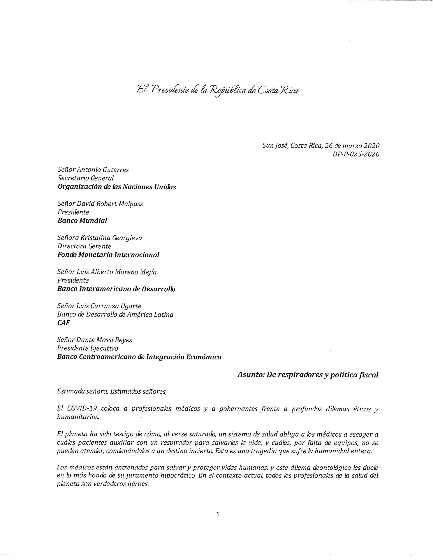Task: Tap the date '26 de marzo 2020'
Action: coord(352,146)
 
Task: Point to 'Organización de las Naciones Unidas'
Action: coord(117,187)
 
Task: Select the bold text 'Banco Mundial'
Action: coord(82,221)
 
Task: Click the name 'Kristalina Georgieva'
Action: coord(111,238)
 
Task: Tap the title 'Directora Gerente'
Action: coord(84,246)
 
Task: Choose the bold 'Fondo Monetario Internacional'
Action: coord(108,255)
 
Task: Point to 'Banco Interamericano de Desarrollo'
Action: coord(116,289)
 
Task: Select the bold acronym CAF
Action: coord(63,323)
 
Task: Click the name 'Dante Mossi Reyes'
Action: coord(104,340)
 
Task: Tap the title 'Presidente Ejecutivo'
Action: coord(88,348)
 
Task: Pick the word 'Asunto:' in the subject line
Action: coord(251,375)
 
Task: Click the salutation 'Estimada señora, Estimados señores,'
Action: coord(112,392)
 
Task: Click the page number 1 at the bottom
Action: coord(218,514)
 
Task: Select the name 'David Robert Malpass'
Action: coord(110,204)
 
